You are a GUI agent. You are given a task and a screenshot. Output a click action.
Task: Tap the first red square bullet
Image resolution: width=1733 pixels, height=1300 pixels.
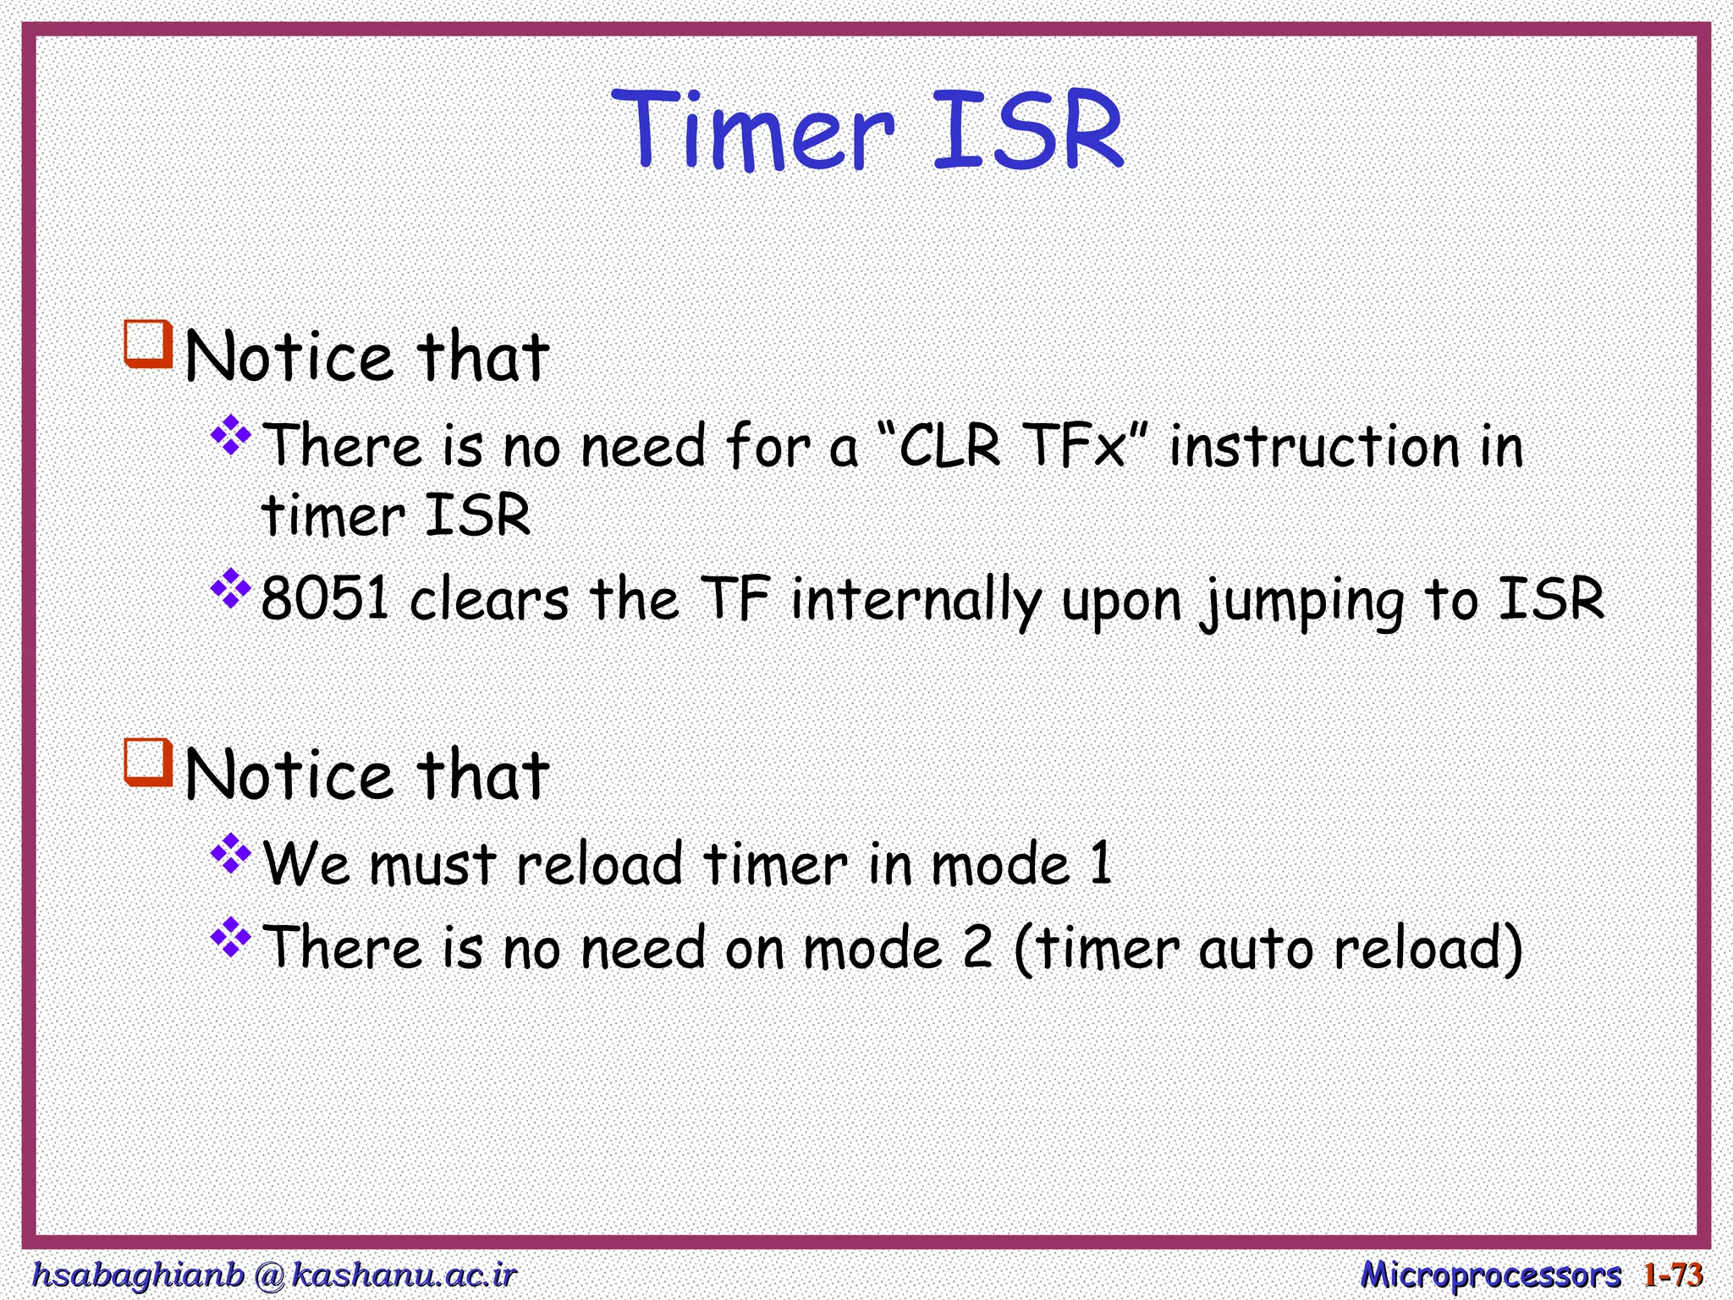point(148,344)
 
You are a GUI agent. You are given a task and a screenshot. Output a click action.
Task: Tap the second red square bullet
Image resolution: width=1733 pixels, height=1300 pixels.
point(148,763)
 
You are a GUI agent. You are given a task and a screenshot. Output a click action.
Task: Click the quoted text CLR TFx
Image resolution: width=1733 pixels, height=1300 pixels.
point(1012,446)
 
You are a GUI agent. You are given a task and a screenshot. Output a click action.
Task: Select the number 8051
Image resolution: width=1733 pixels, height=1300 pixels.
point(325,598)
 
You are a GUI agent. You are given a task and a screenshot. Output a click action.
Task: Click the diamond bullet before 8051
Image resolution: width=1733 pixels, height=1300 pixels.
point(230,589)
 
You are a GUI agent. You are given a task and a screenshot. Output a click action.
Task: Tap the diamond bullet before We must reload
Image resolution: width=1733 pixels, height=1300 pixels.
point(230,855)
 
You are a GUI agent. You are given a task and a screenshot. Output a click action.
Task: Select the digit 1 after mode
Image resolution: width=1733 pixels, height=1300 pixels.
point(1100,864)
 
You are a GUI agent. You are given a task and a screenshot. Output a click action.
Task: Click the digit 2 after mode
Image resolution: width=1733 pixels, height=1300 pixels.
point(977,947)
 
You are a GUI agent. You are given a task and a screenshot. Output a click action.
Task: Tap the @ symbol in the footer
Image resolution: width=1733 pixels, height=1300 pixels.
point(268,1275)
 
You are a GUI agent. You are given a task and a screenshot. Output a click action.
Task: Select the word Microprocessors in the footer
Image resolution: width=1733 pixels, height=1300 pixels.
point(1490,1274)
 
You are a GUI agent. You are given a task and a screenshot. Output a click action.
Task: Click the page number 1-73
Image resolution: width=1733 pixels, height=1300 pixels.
point(1672,1274)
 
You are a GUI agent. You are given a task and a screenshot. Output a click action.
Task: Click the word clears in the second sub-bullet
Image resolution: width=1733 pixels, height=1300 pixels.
point(489,600)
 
